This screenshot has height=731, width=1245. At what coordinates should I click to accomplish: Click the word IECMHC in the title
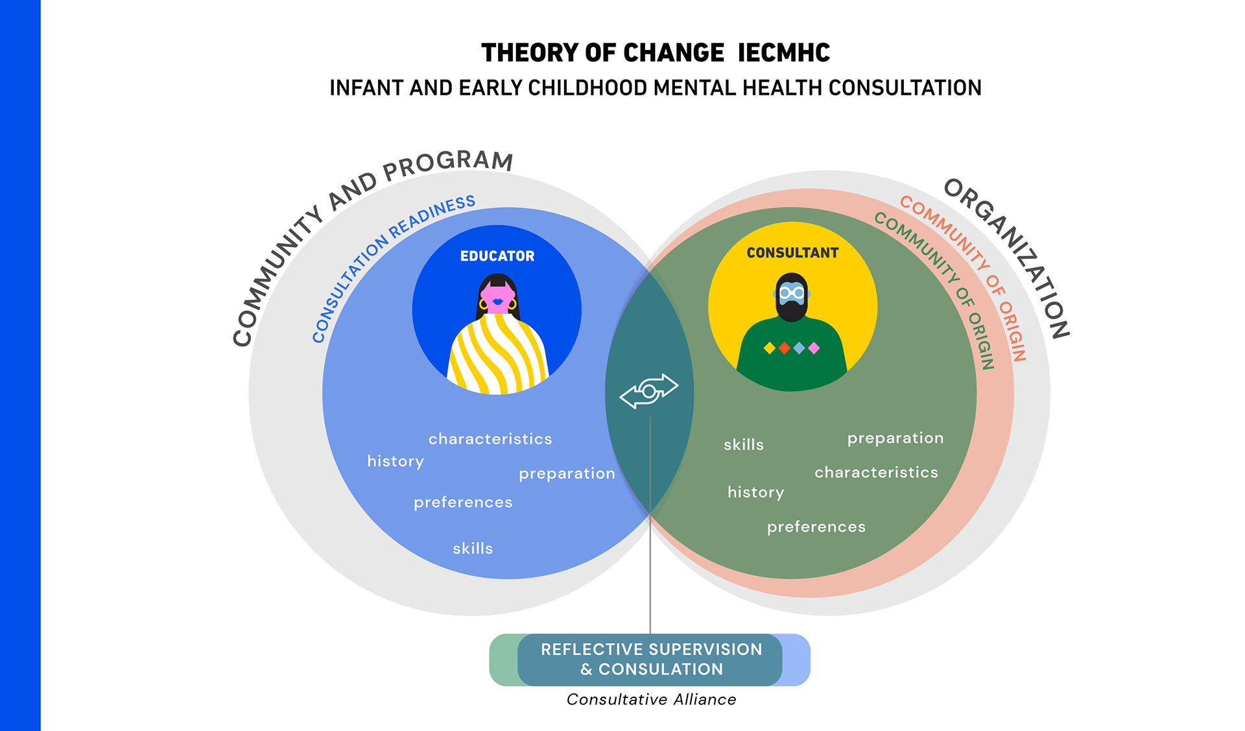[783, 53]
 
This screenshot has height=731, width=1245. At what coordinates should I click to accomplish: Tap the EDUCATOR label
[497, 256]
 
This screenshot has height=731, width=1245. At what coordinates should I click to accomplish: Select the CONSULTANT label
[792, 253]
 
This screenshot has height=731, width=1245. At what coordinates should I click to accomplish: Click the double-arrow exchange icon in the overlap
[649, 391]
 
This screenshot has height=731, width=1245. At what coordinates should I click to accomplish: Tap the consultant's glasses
[792, 293]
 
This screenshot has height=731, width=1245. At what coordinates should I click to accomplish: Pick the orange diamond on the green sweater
[785, 348]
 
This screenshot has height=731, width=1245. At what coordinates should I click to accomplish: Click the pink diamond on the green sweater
[814, 348]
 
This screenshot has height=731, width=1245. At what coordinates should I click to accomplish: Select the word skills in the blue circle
[473, 549]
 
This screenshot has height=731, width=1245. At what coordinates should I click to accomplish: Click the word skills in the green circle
[744, 445]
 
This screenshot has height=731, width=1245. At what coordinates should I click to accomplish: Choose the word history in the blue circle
[396, 461]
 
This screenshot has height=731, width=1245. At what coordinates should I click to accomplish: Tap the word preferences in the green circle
[816, 527]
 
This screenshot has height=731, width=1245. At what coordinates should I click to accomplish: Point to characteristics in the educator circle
[490, 439]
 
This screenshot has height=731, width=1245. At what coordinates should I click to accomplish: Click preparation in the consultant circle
[895, 438]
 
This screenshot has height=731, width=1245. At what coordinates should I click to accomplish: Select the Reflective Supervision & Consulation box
[650, 660]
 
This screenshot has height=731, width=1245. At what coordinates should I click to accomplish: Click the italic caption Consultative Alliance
[651, 699]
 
